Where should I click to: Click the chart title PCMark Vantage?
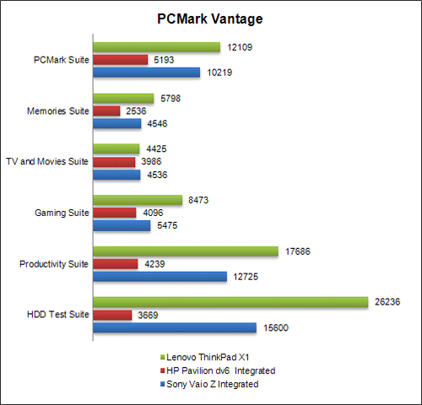210,19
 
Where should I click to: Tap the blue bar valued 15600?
175,327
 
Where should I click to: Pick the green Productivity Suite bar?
186,251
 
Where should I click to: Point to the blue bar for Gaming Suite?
122,226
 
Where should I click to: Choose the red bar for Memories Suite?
106,111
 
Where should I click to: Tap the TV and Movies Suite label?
47,161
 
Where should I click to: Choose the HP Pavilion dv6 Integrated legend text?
219,370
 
